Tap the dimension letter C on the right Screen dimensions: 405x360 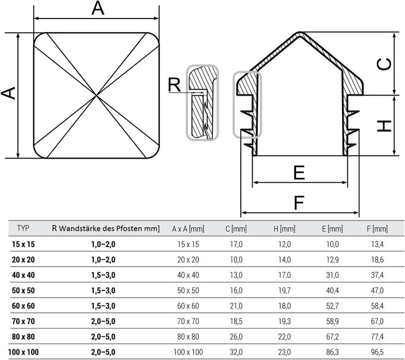[384, 64]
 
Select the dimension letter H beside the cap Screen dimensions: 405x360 [384, 126]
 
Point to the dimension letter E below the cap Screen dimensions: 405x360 [299, 172]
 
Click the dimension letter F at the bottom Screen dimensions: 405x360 [299, 202]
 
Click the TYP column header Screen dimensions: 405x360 [23, 228]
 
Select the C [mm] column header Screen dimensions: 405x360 [236, 229]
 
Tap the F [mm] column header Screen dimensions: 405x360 [377, 229]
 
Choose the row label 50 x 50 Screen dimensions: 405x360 [23, 290]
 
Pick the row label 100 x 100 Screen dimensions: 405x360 [23, 352]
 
